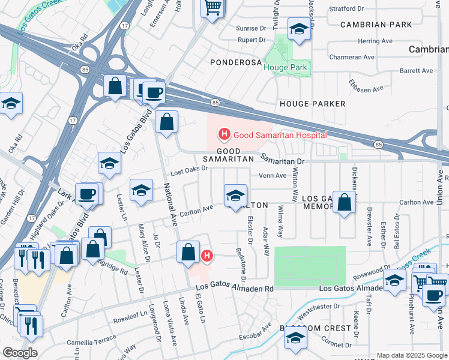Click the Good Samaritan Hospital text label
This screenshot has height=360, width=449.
click(280, 135)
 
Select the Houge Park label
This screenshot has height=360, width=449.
click(286, 68)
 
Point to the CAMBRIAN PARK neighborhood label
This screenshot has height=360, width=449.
click(376, 25)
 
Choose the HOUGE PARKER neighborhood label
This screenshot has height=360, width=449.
click(313, 104)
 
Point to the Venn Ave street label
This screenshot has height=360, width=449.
click(273, 176)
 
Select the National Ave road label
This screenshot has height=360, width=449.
click(169, 206)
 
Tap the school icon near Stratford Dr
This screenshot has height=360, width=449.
click(298, 28)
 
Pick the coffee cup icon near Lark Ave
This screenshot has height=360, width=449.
click(87, 193)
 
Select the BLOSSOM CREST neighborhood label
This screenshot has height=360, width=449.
click(315, 328)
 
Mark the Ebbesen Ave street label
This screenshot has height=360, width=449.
click(366, 88)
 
